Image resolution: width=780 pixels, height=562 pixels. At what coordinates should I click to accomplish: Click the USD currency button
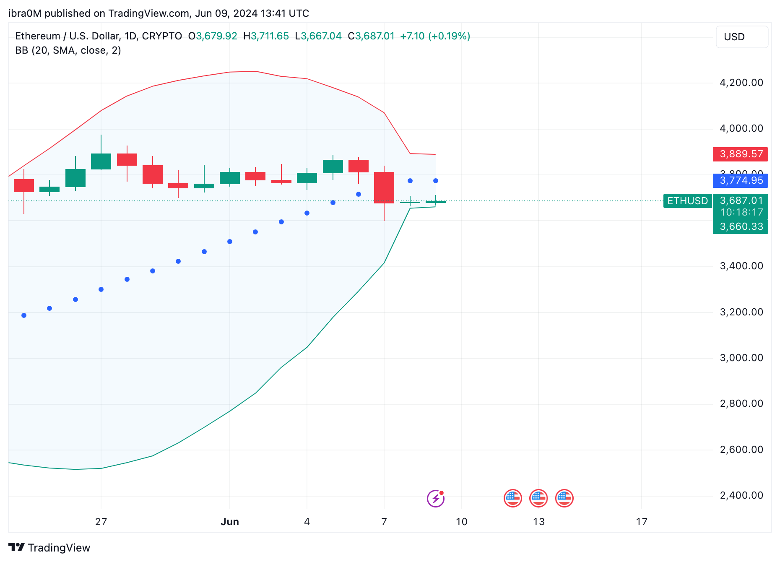click(741, 37)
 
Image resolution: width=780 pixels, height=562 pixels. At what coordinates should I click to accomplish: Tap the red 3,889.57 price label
click(741, 154)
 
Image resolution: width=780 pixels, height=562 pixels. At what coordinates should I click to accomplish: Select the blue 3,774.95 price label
click(741, 181)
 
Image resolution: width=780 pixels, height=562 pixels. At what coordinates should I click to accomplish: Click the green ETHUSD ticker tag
click(687, 201)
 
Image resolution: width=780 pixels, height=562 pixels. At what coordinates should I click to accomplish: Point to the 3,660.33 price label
click(741, 227)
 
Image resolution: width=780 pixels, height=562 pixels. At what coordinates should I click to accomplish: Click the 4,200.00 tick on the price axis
click(741, 83)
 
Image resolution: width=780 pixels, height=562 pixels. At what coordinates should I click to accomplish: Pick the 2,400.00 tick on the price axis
click(741, 495)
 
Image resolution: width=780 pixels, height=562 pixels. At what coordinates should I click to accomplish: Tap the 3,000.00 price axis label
click(741, 358)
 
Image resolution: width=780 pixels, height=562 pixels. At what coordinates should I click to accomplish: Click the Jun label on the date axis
click(230, 522)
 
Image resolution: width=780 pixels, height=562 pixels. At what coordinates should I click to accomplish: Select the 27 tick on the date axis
click(101, 522)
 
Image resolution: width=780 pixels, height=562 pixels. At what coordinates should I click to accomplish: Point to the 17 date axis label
click(642, 522)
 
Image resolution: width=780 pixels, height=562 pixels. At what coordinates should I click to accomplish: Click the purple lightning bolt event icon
click(435, 498)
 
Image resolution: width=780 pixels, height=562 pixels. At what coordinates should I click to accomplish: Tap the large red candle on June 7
click(384, 187)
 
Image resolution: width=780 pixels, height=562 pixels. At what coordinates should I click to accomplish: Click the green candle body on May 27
click(101, 161)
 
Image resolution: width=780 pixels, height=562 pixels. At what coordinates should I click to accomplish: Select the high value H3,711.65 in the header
click(266, 36)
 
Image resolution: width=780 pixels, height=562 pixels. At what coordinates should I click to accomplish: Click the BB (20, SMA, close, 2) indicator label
click(68, 50)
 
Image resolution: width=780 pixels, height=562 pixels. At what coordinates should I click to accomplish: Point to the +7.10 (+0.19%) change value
click(435, 36)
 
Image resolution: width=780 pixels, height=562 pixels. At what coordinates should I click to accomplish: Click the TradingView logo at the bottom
click(49, 548)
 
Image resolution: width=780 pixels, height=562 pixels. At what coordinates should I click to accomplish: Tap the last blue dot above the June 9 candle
click(436, 181)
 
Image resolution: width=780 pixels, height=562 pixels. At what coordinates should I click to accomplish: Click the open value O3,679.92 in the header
click(213, 36)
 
